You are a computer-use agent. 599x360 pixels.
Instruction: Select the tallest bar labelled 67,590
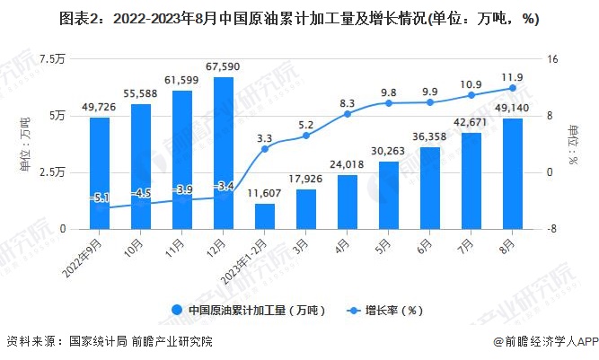224,153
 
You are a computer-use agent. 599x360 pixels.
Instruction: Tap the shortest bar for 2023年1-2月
265,216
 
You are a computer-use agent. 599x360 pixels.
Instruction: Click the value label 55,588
141,93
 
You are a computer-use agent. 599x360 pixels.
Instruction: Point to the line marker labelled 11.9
513,88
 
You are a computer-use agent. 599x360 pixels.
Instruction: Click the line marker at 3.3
265,148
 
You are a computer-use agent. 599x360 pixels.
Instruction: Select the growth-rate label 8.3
348,104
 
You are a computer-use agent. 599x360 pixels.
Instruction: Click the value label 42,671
471,122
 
